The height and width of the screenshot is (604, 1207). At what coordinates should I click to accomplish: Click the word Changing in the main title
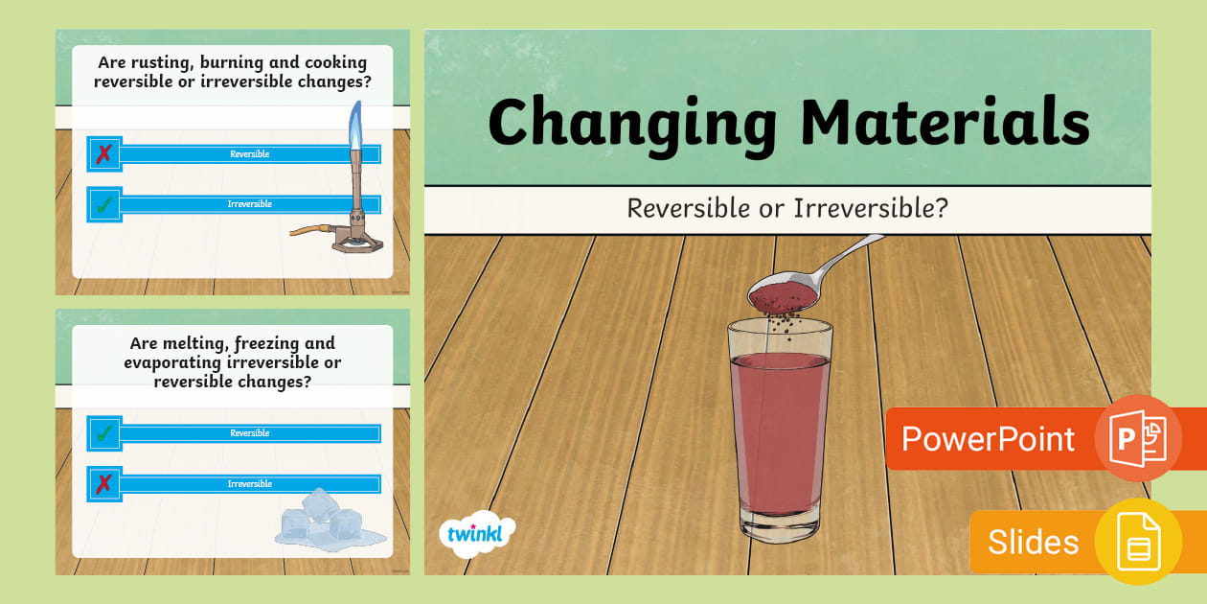pos(632,125)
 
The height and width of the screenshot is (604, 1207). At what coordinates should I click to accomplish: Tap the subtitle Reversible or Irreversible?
pos(786,207)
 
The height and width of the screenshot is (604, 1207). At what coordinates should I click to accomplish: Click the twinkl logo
pos(476,533)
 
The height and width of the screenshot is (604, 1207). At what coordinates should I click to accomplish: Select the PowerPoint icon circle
pos(1138,438)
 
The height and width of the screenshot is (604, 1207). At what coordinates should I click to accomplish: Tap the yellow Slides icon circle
pos(1138,542)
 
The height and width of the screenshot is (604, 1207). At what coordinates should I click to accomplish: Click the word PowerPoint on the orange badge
pos(988,439)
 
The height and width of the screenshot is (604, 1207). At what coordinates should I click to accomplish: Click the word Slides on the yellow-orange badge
pos(1033,542)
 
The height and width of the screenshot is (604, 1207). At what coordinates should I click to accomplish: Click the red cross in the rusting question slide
pos(104,154)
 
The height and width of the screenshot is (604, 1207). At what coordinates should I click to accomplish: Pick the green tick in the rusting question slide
pos(104,204)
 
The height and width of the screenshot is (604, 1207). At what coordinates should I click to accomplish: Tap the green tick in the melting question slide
pos(104,433)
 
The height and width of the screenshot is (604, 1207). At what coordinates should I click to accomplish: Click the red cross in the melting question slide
pos(104,484)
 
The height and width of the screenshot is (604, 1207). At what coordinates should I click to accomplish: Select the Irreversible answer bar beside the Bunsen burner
pos(249,204)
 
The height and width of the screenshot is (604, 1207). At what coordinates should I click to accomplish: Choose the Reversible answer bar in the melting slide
pos(249,433)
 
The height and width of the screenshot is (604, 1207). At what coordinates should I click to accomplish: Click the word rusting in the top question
pos(157,62)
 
